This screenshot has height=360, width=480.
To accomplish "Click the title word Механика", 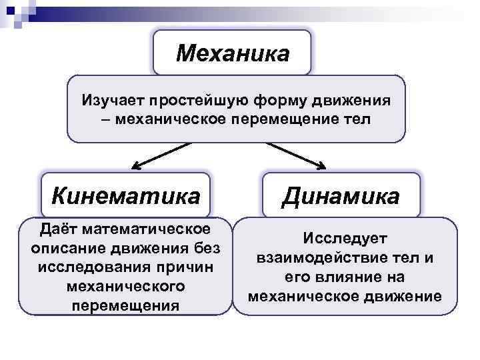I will click(232, 53).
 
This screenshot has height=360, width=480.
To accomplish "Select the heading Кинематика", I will click(125, 196).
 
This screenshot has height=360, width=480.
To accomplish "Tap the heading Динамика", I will click(341, 196).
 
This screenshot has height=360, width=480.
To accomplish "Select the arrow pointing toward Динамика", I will click(297, 155).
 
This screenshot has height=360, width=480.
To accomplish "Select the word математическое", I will click(147, 230).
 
